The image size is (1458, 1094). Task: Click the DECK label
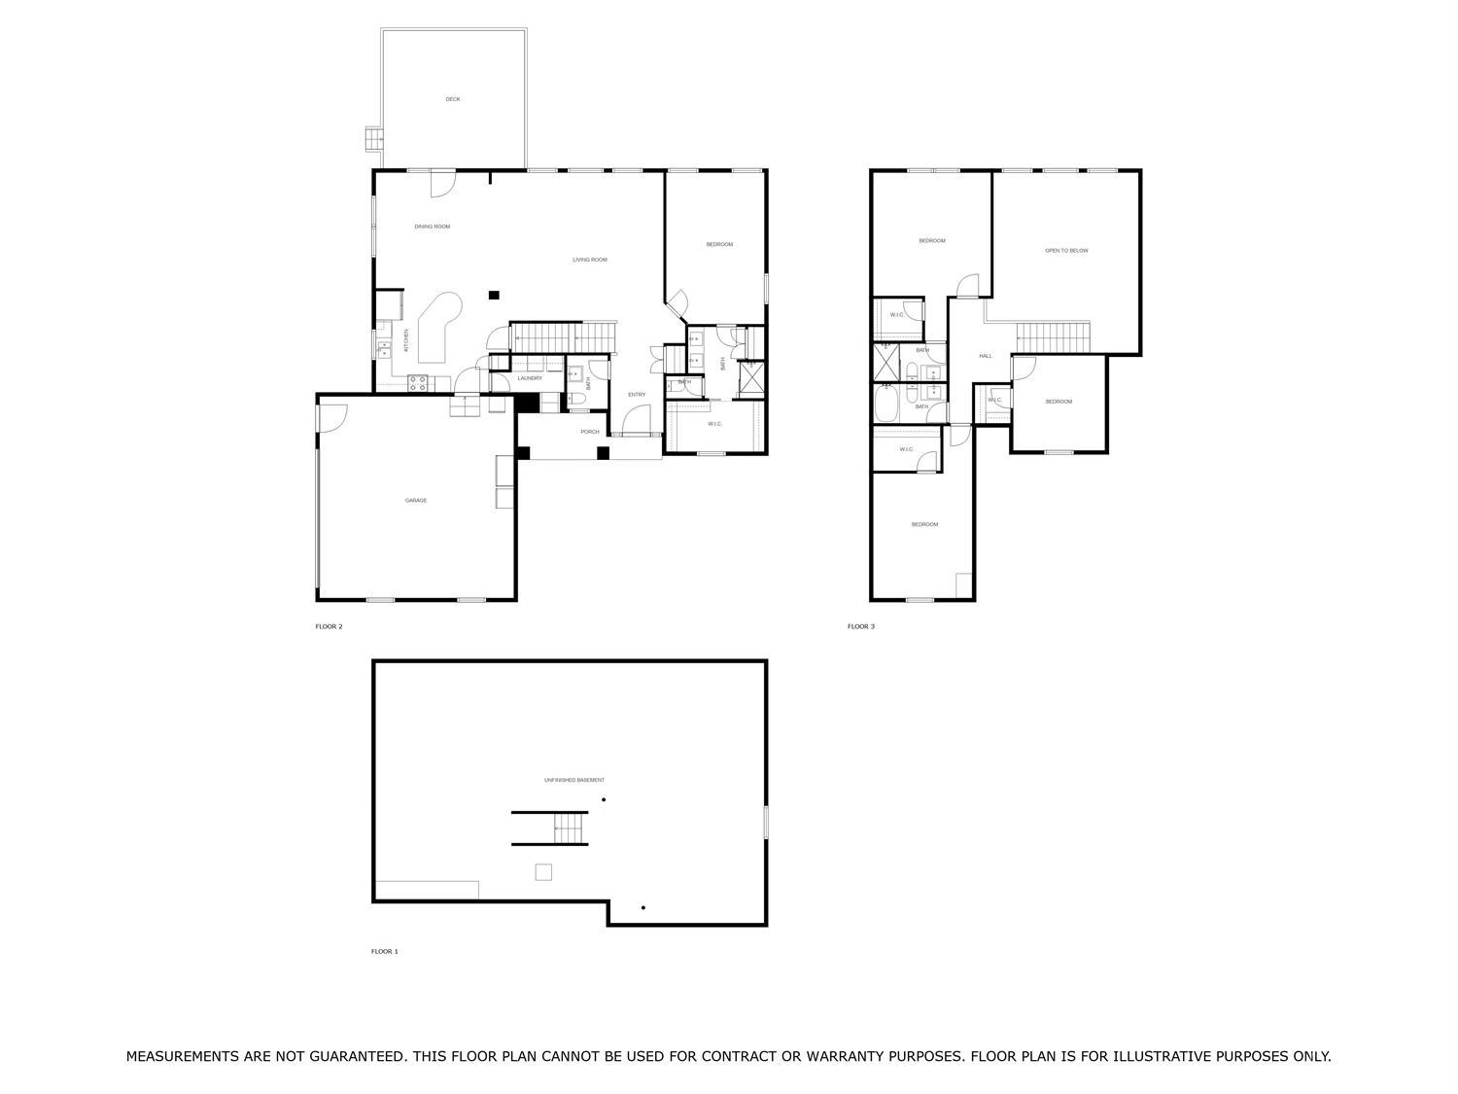point(453,99)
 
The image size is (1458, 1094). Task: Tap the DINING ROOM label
point(433,227)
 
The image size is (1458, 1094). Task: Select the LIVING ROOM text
point(589,260)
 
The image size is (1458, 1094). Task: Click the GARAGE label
point(416,501)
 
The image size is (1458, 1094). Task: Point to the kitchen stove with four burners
point(418,383)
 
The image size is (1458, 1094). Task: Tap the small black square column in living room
point(494,296)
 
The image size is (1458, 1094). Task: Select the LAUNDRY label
point(530,378)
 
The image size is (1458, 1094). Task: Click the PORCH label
point(590,432)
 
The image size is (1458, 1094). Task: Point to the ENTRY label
point(637,395)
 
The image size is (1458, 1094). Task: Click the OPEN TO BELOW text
point(1066,251)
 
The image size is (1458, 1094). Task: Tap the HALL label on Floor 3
point(986,357)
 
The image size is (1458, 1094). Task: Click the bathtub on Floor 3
point(885,404)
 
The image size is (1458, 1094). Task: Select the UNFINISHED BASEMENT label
point(573,781)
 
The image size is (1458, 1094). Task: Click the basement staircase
point(570,829)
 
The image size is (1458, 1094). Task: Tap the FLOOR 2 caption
point(330,627)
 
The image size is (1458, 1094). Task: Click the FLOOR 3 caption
point(861,627)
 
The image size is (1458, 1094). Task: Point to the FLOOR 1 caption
point(385,952)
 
